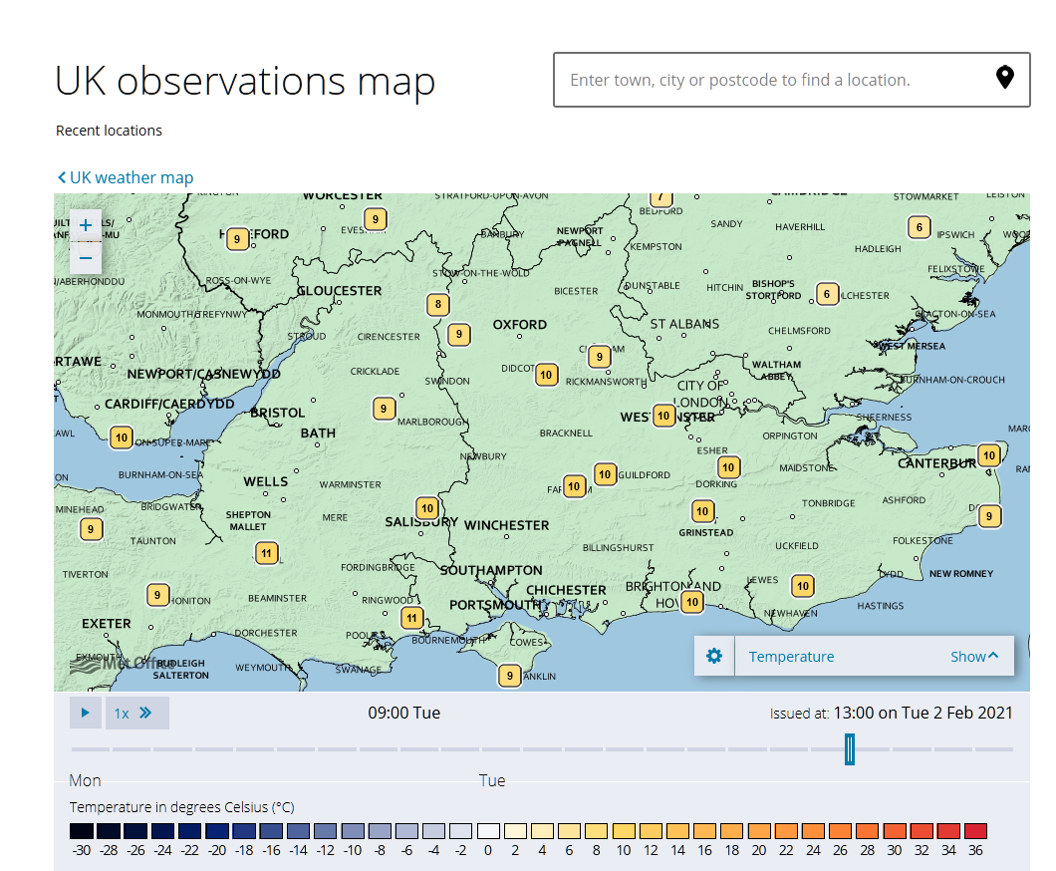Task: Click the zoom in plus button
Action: [86, 225]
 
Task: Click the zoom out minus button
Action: [86, 258]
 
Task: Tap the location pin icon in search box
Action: [1005, 78]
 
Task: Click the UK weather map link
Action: [126, 177]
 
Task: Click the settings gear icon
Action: [714, 656]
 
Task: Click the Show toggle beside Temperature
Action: [973, 656]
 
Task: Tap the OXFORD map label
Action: [520, 325]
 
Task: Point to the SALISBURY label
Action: [421, 522]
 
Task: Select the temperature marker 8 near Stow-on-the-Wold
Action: [436, 304]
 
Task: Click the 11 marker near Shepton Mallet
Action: [266, 553]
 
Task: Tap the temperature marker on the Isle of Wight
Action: [510, 676]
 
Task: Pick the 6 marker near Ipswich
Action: [920, 227]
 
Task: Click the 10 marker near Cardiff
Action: [122, 437]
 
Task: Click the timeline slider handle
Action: [849, 748]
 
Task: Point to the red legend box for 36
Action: [975, 831]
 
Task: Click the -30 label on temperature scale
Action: [82, 850]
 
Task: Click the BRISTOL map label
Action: [278, 413]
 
